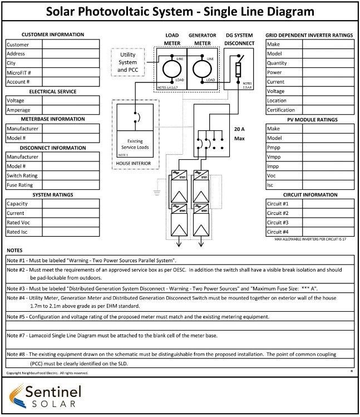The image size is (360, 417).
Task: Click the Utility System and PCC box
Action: [x=127, y=62]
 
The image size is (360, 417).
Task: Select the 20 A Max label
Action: [x=240, y=134]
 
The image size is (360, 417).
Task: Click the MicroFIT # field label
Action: [x=18, y=72]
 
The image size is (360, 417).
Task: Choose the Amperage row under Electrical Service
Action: [x=18, y=110]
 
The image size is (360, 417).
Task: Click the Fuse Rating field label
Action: [x=19, y=185]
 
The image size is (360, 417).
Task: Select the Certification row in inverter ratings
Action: [x=281, y=110]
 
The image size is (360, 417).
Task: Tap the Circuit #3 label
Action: [x=278, y=223]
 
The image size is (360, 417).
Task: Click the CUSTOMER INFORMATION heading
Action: [x=52, y=35]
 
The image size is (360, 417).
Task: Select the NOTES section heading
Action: [x=15, y=251]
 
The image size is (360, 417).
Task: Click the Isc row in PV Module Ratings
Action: [x=271, y=185]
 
